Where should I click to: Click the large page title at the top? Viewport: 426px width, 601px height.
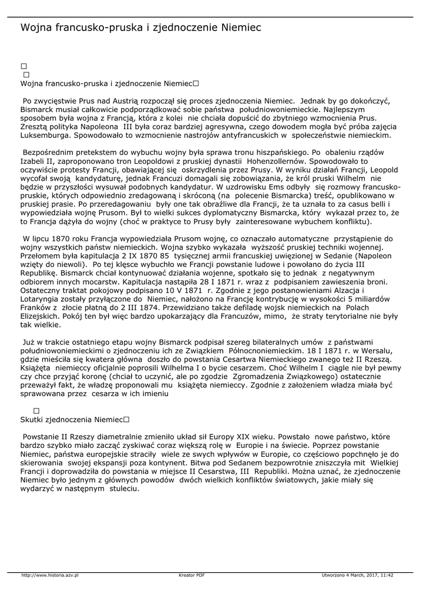click(140, 28)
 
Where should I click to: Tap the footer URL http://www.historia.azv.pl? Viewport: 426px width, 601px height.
click(50, 575)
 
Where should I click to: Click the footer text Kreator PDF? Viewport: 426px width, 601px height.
click(192, 575)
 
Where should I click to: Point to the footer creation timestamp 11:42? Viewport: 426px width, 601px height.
click(386, 575)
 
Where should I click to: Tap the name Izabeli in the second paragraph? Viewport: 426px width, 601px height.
click(32, 160)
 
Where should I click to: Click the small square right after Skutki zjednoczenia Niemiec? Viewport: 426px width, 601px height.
click(126, 420)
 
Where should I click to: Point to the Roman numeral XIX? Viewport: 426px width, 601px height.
click(247, 437)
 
